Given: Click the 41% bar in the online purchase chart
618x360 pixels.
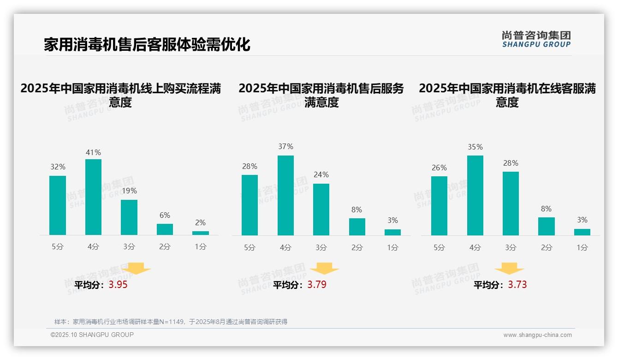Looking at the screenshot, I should click(x=93, y=197).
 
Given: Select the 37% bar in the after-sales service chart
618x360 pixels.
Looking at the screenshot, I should click(x=285, y=195).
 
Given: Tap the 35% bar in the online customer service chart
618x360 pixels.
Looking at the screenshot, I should click(x=475, y=195).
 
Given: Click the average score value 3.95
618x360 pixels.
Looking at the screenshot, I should click(x=118, y=285).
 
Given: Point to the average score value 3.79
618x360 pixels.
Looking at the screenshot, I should click(x=317, y=285).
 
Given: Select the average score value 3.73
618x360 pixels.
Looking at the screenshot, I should click(x=517, y=285).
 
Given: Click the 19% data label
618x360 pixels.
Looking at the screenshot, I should click(x=129, y=191).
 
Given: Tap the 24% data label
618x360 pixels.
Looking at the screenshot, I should click(x=321, y=174).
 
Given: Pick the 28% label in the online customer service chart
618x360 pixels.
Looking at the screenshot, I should click(x=511, y=163).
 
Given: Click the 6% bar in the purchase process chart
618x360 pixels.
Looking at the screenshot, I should click(x=165, y=229).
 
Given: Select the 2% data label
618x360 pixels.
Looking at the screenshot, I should click(x=200, y=222).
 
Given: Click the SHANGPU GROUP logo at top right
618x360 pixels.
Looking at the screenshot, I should click(x=536, y=39).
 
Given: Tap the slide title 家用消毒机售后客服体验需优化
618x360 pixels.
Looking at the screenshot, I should click(x=147, y=45).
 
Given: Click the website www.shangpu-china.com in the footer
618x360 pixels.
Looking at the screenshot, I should click(x=537, y=335).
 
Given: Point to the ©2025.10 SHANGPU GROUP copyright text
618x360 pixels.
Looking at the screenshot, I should click(x=92, y=335).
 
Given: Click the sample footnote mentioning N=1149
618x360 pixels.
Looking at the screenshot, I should click(x=171, y=322).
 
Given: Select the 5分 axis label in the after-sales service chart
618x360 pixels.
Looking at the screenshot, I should click(x=250, y=247).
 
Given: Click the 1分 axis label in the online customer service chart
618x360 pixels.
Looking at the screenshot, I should click(x=582, y=247).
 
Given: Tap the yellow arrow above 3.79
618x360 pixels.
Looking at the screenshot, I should click(x=324, y=269).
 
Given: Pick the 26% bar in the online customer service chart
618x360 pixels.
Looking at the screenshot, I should click(x=439, y=205).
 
